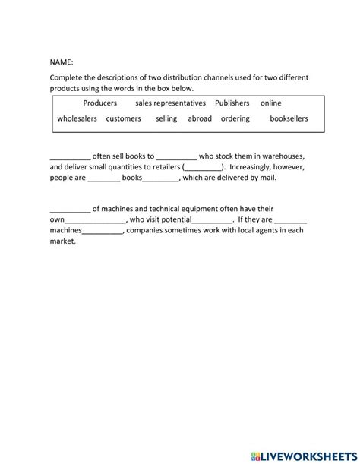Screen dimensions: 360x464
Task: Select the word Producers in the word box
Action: pos(100,103)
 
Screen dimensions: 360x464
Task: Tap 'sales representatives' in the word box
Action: pos(170,103)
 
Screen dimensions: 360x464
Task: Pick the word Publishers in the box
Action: pos(232,103)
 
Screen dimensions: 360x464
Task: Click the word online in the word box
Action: pos(270,103)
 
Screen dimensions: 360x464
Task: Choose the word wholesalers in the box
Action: pos(77,119)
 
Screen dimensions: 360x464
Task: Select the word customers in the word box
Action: pos(123,119)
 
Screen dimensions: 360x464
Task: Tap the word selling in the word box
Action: pos(166,119)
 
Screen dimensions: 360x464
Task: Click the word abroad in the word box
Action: pos(200,119)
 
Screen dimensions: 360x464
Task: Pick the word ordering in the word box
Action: pos(235,119)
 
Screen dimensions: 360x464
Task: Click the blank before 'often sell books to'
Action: pos(70,156)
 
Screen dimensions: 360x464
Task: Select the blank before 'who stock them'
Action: pos(177,156)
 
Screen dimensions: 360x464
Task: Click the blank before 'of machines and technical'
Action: pos(70,209)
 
